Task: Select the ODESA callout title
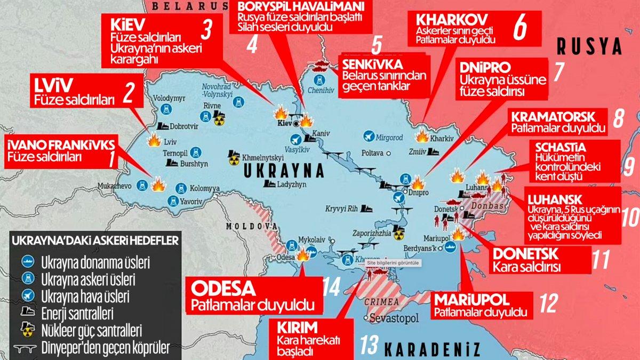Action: pos(225,289)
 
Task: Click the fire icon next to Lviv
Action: pos(155,141)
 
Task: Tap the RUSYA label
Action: pos(589,47)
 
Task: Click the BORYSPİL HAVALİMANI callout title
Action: pos(301,7)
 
